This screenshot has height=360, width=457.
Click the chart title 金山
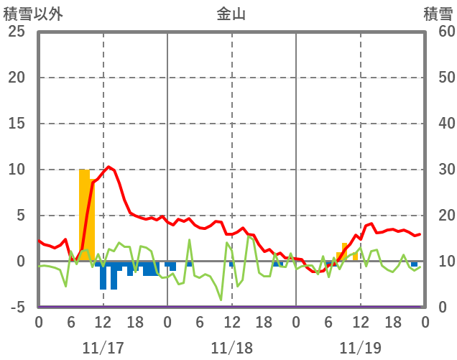click(x=231, y=14)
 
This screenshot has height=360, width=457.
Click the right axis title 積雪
click(x=438, y=14)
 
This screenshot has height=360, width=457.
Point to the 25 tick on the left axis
click(x=17, y=32)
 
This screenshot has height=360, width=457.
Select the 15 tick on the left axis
click(x=17, y=124)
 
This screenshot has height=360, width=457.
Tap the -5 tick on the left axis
click(x=17, y=308)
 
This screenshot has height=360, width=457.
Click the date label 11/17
click(x=103, y=348)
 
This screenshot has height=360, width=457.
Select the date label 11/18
click(x=231, y=348)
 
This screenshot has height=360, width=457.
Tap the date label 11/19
click(x=360, y=348)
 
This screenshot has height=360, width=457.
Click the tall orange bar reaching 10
click(x=85, y=216)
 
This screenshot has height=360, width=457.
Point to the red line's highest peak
click(x=109, y=167)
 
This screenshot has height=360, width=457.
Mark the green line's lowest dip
click(x=221, y=300)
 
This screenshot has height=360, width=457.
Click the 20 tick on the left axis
click(x=17, y=78)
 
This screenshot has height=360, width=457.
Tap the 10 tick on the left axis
click(x=17, y=170)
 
